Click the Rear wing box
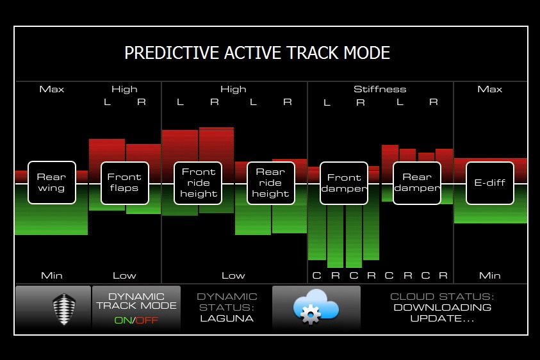click(x=52, y=183)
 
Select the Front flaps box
click(x=125, y=183)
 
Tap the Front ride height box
click(x=198, y=183)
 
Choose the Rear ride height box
click(x=271, y=183)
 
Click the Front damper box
click(x=344, y=183)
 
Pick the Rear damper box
click(x=417, y=183)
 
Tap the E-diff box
click(x=490, y=183)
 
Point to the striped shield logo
click(x=64, y=309)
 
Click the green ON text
click(x=123, y=320)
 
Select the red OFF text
click(x=147, y=320)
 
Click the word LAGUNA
click(x=227, y=318)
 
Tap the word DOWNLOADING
click(x=442, y=307)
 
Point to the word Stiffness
click(x=380, y=89)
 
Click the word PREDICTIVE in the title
click(x=172, y=53)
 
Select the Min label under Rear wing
click(x=52, y=275)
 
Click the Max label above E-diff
click(x=490, y=89)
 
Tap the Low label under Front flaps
click(x=124, y=275)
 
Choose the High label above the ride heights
click(x=234, y=90)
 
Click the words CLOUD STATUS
click(x=442, y=297)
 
